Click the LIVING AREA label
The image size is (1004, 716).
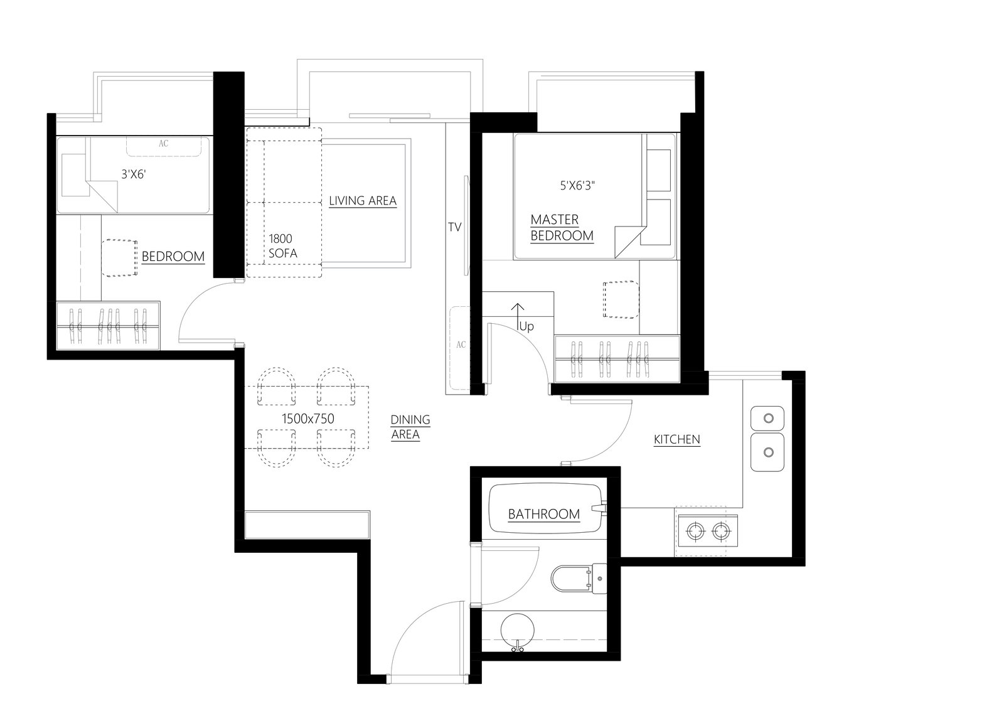363,200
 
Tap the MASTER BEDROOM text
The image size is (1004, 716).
562,228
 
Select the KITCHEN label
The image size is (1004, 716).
677,439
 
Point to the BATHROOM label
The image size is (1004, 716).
543,514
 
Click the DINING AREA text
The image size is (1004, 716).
410,427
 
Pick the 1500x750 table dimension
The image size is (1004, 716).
308,419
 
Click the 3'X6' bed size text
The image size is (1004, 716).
134,174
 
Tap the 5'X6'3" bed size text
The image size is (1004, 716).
577,185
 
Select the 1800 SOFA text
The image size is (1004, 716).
282,246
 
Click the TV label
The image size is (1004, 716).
454,227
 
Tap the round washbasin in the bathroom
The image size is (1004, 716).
517,630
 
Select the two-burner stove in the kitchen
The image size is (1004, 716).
708,531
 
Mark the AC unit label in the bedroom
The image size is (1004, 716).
164,144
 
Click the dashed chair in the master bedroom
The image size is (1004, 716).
621,299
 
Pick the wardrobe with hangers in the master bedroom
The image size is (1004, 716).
617,359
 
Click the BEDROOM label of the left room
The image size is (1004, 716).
173,257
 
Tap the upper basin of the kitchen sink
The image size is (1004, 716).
767,419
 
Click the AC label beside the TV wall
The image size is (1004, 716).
461,345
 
